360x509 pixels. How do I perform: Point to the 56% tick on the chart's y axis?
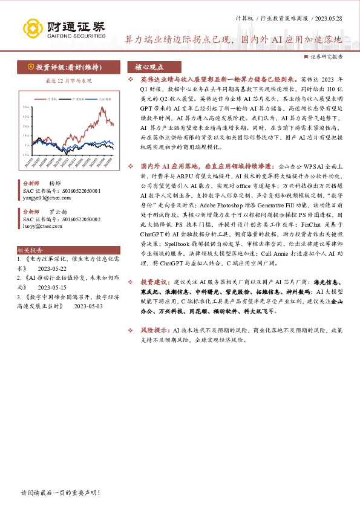click(27, 107)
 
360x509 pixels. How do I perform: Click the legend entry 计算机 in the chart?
click(51, 98)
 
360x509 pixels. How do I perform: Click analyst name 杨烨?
click(55, 183)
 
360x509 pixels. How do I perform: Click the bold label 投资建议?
click(155, 299)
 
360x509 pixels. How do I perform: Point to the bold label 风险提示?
click(155, 331)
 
